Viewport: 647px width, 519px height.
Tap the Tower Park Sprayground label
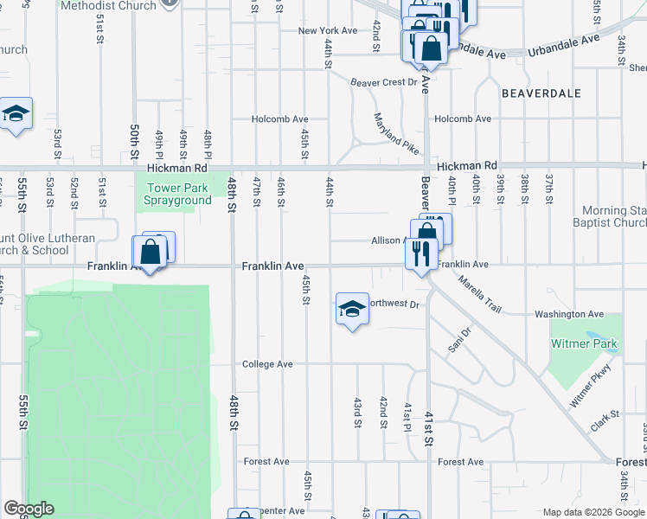(x=179, y=195)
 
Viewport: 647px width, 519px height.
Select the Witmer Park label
(x=585, y=343)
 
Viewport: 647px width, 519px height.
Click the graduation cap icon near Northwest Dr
(x=352, y=310)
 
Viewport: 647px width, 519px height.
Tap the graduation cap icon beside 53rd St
(x=16, y=114)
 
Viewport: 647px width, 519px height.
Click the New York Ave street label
(x=328, y=30)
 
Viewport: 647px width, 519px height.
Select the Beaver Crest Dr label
(x=383, y=83)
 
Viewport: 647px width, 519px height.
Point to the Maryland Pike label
(x=396, y=133)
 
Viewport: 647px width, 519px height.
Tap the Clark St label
(x=605, y=420)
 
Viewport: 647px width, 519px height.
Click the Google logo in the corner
(x=29, y=509)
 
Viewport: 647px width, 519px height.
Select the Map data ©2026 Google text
(x=593, y=512)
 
